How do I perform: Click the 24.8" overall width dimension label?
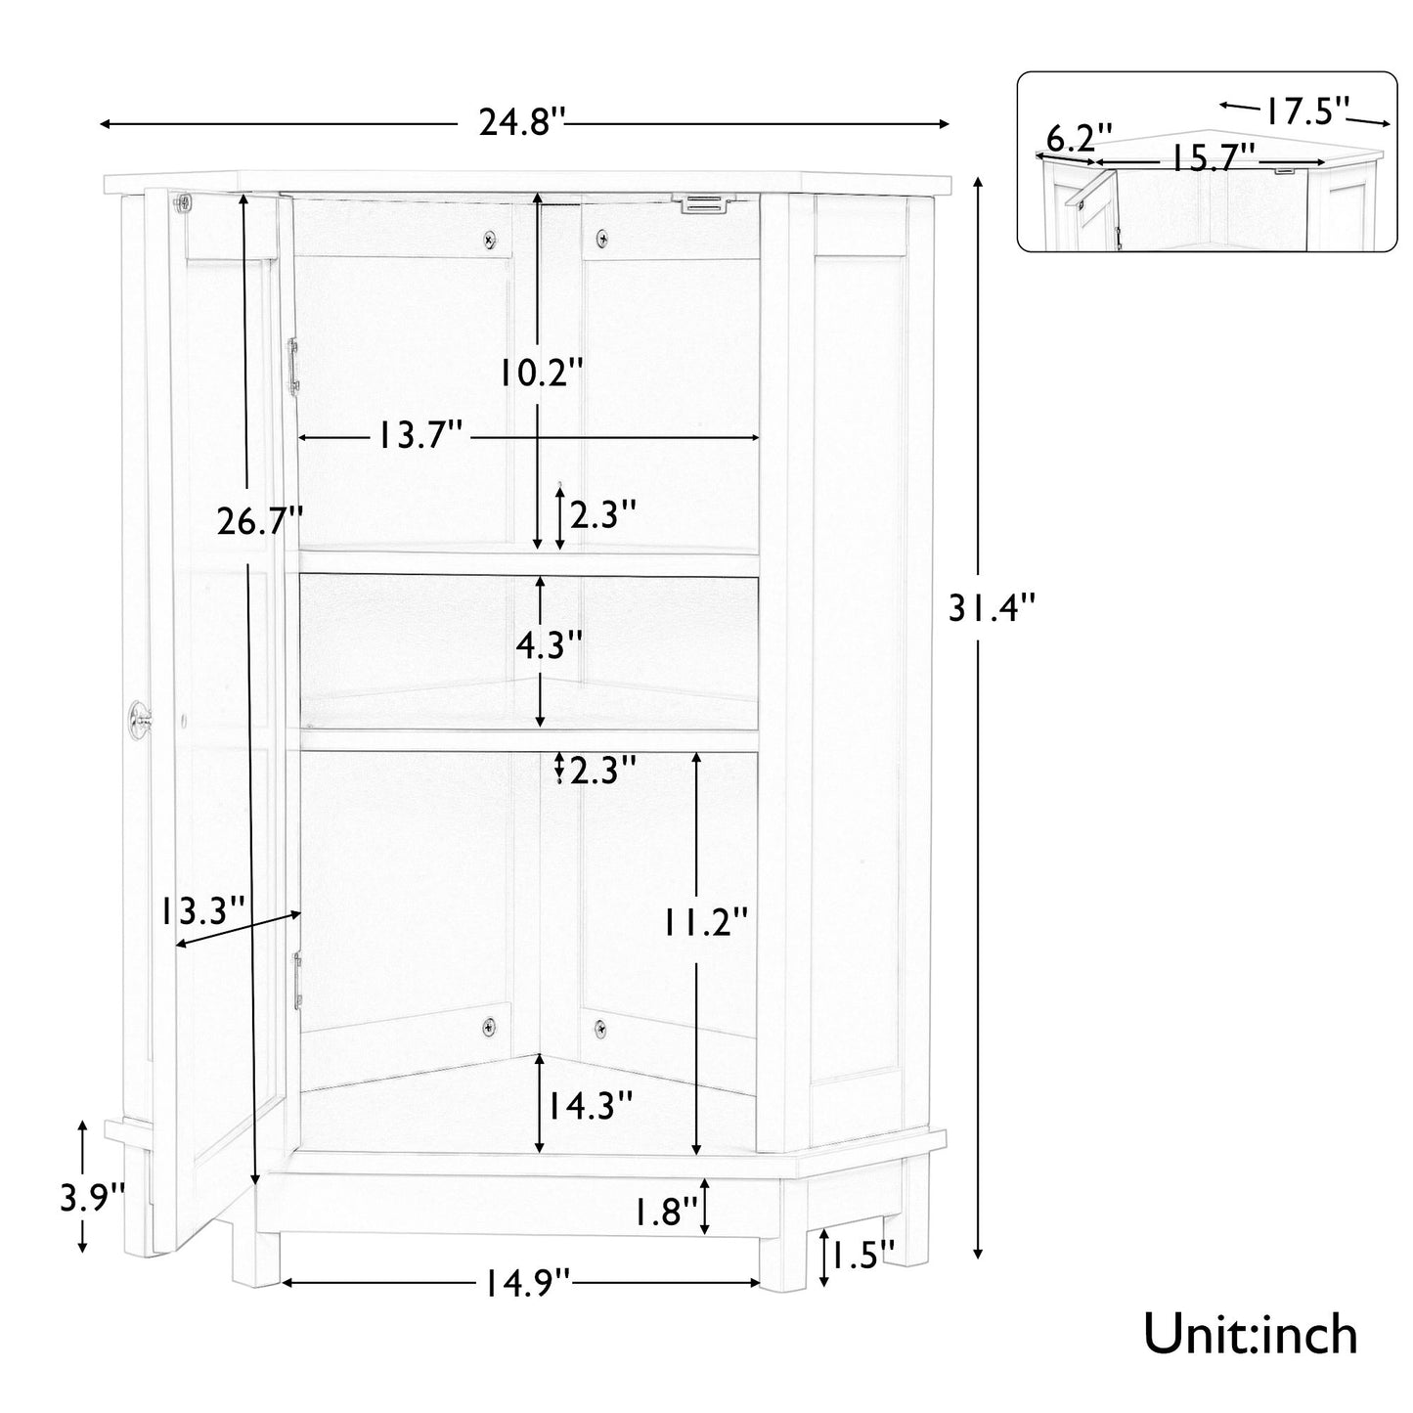point(522,124)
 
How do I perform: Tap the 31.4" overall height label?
point(991,609)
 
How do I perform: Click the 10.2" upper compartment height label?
point(541,373)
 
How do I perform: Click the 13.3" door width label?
point(203,912)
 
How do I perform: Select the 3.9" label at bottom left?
point(93,1197)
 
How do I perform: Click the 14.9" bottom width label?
point(522,1281)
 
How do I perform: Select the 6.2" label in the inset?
point(1080,137)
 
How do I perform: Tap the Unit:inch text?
point(1251,1334)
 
